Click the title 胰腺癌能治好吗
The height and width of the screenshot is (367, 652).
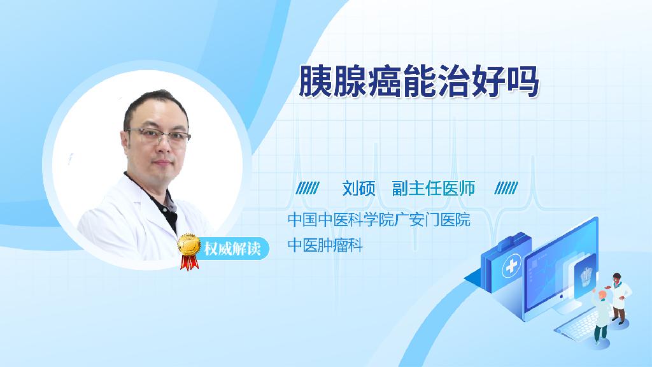tap(419, 81)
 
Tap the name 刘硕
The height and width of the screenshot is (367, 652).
tap(358, 189)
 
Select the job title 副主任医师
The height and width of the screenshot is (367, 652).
tap(433, 189)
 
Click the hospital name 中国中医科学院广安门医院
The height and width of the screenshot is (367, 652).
tap(379, 219)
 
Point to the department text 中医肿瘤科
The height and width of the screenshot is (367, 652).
tap(325, 245)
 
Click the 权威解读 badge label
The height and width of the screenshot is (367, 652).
tap(232, 249)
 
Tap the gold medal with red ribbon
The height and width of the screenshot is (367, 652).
tap(189, 251)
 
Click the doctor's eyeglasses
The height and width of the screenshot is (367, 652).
tap(159, 136)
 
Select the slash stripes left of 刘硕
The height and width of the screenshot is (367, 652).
tap(308, 188)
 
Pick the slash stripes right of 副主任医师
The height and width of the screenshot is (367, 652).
tap(506, 188)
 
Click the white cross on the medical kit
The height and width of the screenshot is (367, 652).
tap(512, 267)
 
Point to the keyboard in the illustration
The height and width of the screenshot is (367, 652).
tap(580, 324)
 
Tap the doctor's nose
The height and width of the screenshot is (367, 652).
tap(164, 146)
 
